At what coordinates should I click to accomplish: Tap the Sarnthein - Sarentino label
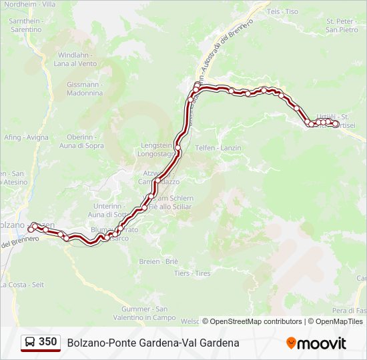point(26,25)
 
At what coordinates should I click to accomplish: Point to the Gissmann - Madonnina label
point(85,89)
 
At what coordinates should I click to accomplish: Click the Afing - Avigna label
point(26,137)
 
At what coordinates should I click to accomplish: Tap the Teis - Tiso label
point(282,12)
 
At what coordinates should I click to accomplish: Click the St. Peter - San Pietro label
point(342,25)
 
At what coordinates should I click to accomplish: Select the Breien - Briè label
point(158,261)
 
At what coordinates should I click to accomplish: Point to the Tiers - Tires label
point(192,273)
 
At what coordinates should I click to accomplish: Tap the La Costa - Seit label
point(23,285)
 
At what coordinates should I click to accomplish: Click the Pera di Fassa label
point(350,311)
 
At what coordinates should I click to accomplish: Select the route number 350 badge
point(47,342)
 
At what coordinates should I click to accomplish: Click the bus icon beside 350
point(30,343)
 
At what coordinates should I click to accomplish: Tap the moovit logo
point(316,343)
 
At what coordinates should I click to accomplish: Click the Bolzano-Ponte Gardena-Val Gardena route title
point(153,343)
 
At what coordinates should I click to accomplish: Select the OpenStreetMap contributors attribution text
point(256,321)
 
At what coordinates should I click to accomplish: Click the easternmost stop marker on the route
point(335,123)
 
